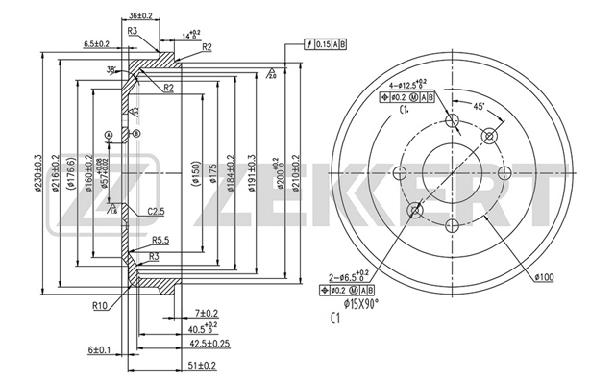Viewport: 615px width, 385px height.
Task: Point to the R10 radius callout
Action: pos(100,305)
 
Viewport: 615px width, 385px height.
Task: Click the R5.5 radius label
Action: pos(160,240)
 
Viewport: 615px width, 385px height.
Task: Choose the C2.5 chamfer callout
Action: pos(157,212)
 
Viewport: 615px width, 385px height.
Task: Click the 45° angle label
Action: pos(478,106)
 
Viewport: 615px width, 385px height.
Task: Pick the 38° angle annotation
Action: pos(113,69)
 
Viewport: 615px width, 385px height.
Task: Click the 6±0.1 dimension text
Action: pos(100,349)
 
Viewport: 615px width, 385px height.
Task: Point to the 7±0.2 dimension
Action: pos(207,314)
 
